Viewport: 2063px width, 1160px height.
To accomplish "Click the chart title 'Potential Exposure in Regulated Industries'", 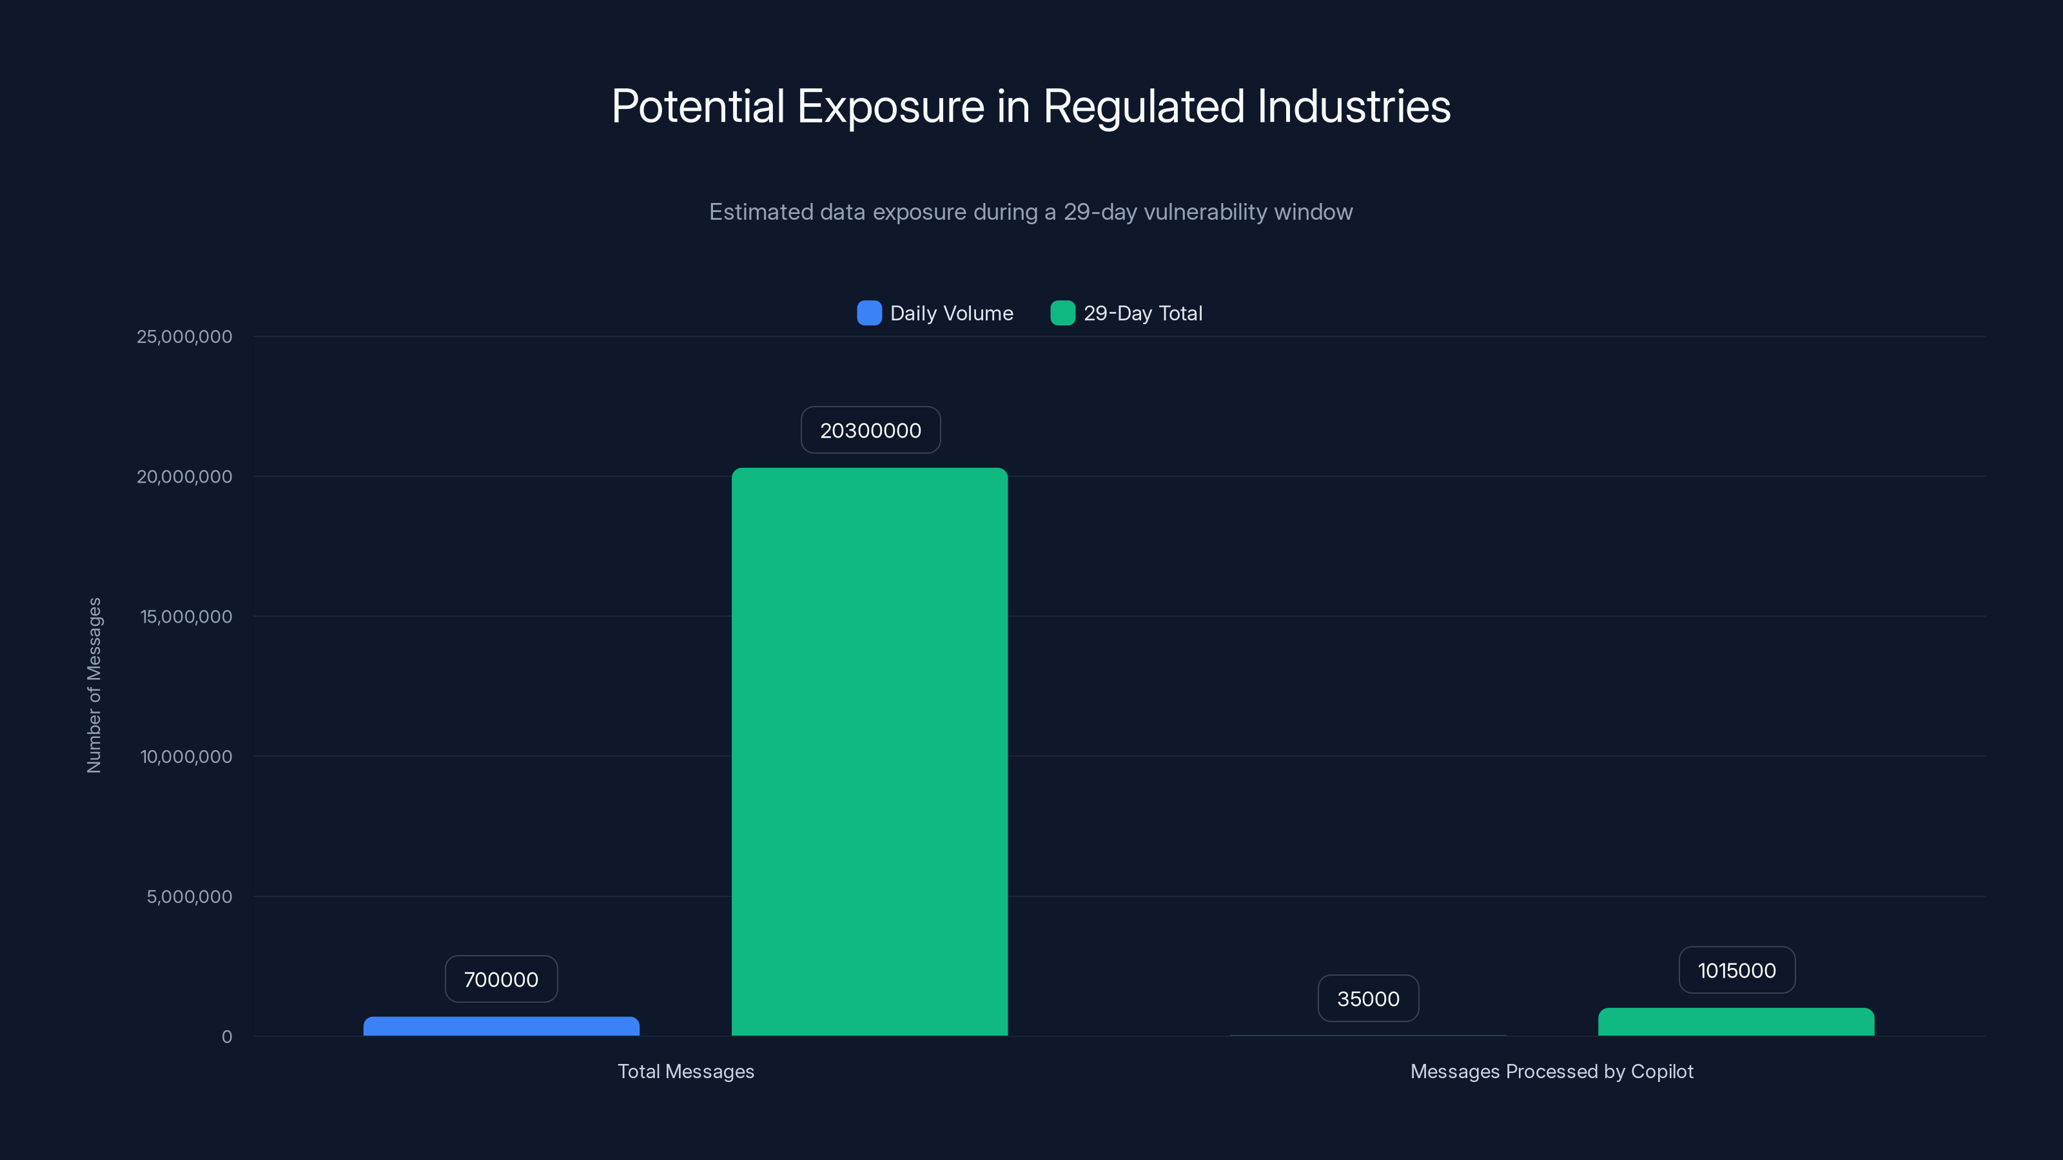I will coord(1031,106).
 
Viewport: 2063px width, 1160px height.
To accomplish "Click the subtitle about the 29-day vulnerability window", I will coord(1031,212).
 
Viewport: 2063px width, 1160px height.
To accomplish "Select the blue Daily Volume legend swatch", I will coord(869,313).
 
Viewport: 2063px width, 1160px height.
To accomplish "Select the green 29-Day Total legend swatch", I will coord(1062,313).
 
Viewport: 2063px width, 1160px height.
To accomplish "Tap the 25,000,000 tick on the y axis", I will coord(184,337).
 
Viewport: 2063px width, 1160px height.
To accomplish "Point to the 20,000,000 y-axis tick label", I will coord(184,477).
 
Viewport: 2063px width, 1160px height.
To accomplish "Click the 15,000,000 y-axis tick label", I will coord(186,617).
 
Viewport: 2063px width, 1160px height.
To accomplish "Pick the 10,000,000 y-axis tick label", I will coord(186,757).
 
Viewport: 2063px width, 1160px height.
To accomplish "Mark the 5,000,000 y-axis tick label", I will coord(189,896).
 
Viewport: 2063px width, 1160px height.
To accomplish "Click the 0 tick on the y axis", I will coord(227,1037).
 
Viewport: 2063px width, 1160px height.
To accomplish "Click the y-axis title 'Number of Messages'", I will coord(95,685).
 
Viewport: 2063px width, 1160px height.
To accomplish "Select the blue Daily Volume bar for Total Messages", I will coord(502,1027).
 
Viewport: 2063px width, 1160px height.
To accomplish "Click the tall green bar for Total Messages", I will coord(870,753).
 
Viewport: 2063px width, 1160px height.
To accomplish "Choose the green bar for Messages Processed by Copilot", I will coord(1736,1022).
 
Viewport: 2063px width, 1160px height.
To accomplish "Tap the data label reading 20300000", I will coord(870,430).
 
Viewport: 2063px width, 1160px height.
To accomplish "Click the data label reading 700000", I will coord(502,980).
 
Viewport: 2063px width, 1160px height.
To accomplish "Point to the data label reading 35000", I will coord(1368,999).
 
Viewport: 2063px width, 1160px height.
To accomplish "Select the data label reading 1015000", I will coord(1736,971).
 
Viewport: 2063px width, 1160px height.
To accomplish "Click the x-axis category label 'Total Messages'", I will coord(685,1072).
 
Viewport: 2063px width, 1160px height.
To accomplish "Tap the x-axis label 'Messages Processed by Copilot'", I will coord(1551,1072).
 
